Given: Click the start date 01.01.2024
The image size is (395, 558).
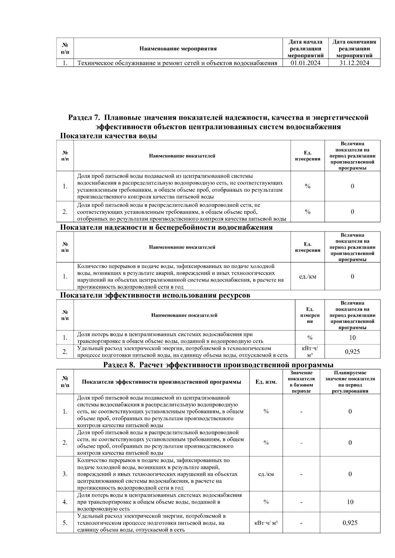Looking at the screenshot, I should (305, 63).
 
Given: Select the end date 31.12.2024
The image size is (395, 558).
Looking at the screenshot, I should (354, 63).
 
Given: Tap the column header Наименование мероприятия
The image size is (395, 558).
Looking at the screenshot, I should (178, 49).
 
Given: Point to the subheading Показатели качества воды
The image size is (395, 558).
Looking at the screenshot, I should (108, 136).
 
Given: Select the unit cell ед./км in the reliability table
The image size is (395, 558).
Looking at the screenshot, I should (307, 276).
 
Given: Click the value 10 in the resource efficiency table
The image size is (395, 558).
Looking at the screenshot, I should (352, 337).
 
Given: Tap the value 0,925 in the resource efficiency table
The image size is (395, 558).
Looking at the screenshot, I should (352, 352).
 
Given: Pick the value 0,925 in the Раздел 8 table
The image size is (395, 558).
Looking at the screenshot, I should (350, 522).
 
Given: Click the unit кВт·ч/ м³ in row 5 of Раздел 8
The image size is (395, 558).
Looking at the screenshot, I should (266, 522).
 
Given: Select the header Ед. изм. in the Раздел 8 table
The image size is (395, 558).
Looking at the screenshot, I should (266, 382).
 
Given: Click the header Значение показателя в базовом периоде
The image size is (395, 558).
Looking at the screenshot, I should (301, 382).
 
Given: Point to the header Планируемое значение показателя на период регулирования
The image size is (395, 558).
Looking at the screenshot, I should (350, 382).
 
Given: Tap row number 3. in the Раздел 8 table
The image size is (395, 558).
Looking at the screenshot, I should (65, 474).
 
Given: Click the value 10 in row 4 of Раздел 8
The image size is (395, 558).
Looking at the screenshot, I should (350, 502).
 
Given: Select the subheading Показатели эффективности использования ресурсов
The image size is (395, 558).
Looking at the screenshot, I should (155, 295).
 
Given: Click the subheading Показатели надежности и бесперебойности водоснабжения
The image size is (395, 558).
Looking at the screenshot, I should (166, 227).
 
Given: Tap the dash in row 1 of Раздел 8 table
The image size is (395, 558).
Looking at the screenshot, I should (301, 412).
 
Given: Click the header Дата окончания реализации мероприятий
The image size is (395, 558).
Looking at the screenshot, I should (354, 49).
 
